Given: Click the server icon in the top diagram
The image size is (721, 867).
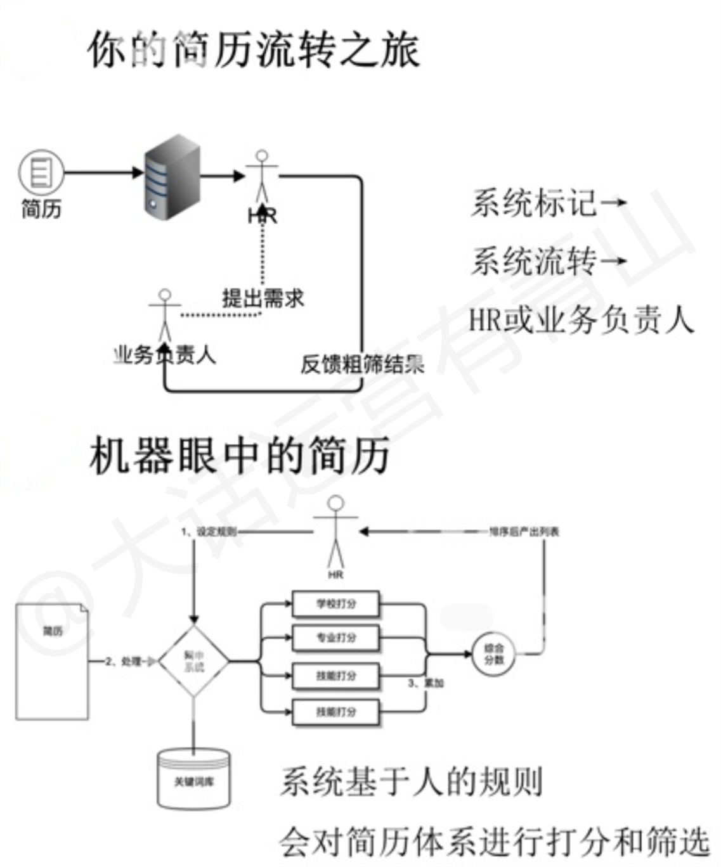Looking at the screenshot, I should (x=172, y=177).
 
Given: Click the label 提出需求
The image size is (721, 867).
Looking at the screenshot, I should (x=263, y=298).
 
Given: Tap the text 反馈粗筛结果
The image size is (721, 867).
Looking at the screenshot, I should (x=362, y=364).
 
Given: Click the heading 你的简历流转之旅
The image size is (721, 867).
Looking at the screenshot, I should (x=253, y=49).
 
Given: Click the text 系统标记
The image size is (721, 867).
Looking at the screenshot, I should (x=534, y=203).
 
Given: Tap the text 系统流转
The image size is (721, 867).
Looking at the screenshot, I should (x=534, y=261).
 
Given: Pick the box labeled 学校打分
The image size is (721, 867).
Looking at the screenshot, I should (x=336, y=604).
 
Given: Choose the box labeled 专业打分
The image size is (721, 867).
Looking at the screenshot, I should (x=336, y=638).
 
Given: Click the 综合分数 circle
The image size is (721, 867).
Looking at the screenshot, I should (x=494, y=653).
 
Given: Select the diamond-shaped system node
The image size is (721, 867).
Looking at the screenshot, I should (x=193, y=662).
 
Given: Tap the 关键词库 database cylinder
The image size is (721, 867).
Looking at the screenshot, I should (x=193, y=780).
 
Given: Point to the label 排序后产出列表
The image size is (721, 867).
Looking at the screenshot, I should (x=524, y=532).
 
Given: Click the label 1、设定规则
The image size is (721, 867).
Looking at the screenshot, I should (x=209, y=532).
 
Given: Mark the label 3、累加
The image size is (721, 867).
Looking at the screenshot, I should (x=425, y=683).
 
